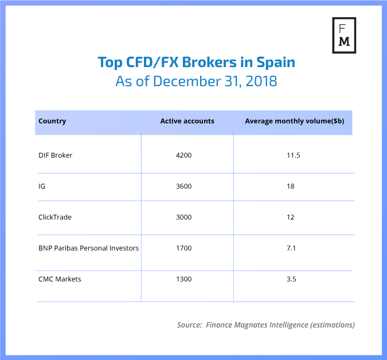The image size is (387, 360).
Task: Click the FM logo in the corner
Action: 344,34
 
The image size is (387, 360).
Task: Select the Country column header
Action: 52,121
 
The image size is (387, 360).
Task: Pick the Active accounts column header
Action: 187,121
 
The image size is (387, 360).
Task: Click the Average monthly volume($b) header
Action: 294,121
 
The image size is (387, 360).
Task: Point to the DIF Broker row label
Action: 55,155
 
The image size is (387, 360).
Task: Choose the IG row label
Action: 42,186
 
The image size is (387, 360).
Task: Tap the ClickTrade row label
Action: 54,217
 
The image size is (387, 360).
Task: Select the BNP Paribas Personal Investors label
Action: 88,248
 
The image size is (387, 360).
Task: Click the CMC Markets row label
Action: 60,279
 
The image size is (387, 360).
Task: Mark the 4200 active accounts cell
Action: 184,155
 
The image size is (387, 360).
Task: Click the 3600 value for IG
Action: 184,186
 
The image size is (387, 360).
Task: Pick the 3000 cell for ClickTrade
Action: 184,217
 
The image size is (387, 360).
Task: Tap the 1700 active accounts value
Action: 184,248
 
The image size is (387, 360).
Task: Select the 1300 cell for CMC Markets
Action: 184,279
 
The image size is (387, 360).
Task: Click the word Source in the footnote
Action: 190,324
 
